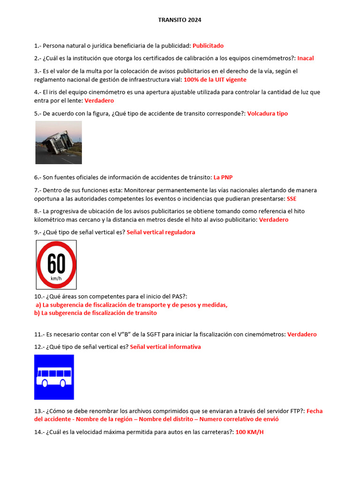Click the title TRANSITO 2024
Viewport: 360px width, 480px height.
pyautogui.click(x=180, y=20)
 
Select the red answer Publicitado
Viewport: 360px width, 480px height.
pyautogui.click(x=208, y=46)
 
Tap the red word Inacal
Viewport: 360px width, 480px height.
pyautogui.click(x=306, y=59)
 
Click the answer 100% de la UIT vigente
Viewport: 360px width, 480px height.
pyautogui.click(x=215, y=80)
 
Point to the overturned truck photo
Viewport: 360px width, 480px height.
pyautogui.click(x=59, y=142)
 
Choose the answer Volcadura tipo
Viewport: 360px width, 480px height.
pyautogui.click(x=267, y=114)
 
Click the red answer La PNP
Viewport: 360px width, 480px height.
pyautogui.click(x=223, y=178)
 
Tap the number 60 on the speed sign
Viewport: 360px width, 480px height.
pyautogui.click(x=56, y=264)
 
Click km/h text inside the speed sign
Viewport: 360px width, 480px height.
pyautogui.click(x=56, y=279)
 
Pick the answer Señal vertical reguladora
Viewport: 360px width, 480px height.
pyautogui.click(x=161, y=232)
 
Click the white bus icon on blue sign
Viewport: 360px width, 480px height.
pyautogui.click(x=54, y=377)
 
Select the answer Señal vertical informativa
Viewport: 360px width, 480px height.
pyautogui.click(x=165, y=347)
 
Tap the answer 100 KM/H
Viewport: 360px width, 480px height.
pyautogui.click(x=249, y=432)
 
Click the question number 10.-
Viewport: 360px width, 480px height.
pyautogui.click(x=39, y=297)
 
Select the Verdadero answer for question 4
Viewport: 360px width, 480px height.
pyautogui.click(x=99, y=101)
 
